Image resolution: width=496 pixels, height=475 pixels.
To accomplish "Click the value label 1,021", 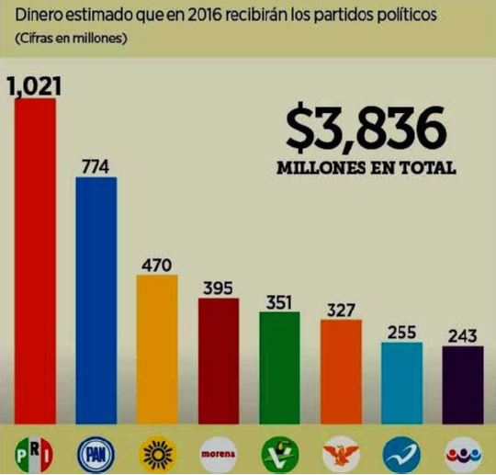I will click(x=32, y=86).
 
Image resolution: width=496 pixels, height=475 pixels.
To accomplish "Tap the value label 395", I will click(x=218, y=286).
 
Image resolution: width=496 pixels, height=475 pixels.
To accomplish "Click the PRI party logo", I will click(x=34, y=452).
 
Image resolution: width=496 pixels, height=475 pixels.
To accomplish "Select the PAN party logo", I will click(x=96, y=452).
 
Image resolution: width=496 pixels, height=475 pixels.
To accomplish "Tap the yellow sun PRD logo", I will click(x=156, y=452).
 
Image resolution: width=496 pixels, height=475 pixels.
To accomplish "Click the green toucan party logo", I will click(x=279, y=452).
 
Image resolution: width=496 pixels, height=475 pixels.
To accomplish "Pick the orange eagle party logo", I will click(x=341, y=452).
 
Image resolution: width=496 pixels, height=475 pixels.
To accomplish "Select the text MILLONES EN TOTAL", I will click(x=366, y=169).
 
